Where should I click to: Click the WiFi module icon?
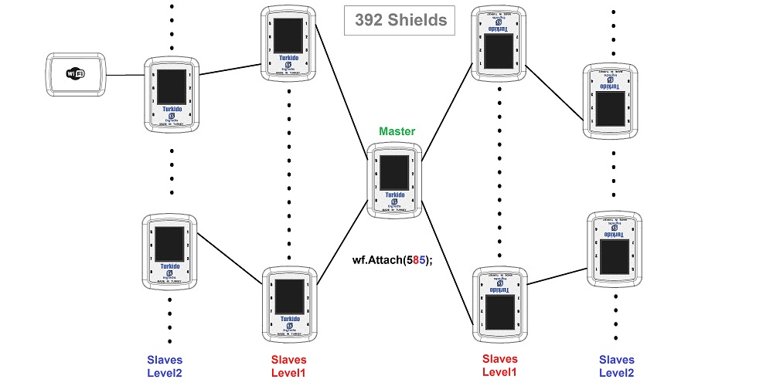[75, 74]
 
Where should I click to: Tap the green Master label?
[397, 131]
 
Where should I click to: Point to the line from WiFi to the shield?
[124, 76]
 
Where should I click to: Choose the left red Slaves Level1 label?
[289, 366]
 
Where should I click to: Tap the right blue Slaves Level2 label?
[617, 366]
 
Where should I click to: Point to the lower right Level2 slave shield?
[613, 245]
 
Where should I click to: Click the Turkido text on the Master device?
[396, 195]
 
